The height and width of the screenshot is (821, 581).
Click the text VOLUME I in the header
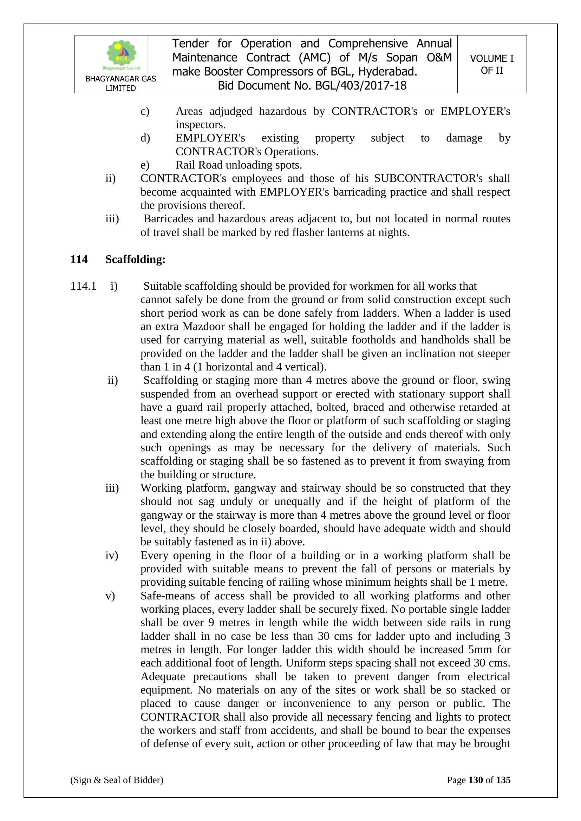491,58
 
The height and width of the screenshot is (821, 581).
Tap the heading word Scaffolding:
135,259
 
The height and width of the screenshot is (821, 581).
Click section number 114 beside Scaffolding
79,259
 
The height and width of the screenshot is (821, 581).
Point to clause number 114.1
83,286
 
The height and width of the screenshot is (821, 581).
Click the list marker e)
145,165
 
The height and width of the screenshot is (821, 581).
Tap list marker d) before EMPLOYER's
145,138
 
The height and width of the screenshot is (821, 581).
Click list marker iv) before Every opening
112,555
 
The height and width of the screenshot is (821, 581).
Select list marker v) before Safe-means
110,596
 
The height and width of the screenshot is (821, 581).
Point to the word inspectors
200,125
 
